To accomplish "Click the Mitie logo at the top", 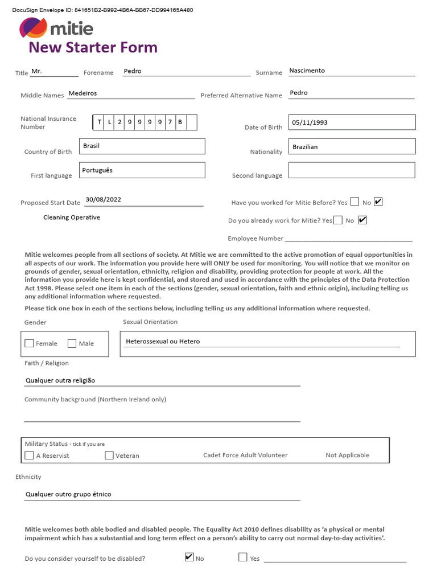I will (56, 28).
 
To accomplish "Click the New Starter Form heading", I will (93, 47).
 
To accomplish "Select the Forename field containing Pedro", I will (186, 71).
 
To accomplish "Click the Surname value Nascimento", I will (307, 71).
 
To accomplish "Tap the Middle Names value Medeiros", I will (83, 93).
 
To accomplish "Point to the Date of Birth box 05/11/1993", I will (352, 122).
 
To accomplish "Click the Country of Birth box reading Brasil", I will (142, 146).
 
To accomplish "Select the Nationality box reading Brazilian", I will (352, 147).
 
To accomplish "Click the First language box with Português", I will (142, 170).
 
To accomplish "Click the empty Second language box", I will (352, 170).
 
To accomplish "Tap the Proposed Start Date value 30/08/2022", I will (103, 200).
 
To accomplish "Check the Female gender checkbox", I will (30, 343).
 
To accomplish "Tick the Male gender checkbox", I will (72, 343).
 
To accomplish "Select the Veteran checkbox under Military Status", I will (109, 455).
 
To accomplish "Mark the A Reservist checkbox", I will (30, 455).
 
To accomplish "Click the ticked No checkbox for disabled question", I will (189, 557).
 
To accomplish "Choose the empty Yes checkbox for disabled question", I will (243, 557).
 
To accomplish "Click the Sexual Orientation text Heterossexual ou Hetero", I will (163, 342).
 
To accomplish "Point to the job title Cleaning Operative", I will (72, 217).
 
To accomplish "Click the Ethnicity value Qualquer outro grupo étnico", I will (68, 494).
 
